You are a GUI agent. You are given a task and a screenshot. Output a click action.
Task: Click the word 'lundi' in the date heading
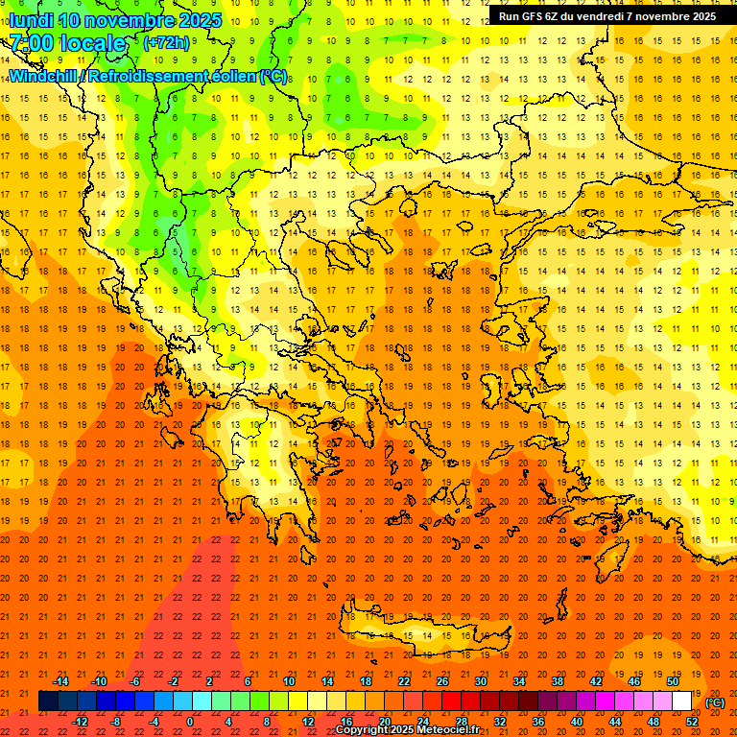click(x=33, y=20)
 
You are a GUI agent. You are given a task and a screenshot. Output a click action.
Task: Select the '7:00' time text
click(x=32, y=43)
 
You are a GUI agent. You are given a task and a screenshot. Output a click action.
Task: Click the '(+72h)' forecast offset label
click(x=166, y=43)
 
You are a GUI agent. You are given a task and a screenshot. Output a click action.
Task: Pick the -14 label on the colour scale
click(x=60, y=681)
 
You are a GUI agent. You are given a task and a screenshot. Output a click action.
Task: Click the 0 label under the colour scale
click(x=190, y=722)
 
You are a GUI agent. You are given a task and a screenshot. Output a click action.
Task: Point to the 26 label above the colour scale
click(x=442, y=681)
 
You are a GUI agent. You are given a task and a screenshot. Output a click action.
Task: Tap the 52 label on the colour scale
click(x=692, y=722)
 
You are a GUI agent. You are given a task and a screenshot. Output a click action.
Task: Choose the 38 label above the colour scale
click(x=558, y=681)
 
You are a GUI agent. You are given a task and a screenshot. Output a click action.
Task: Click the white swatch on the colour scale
click(x=681, y=701)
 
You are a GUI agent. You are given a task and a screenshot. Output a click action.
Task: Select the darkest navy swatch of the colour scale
click(x=48, y=701)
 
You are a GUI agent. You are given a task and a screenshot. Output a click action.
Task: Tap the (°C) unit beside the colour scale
click(x=714, y=702)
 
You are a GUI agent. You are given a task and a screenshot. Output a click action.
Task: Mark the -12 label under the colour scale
click(x=80, y=722)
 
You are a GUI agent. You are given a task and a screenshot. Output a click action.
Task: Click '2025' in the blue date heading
click(x=200, y=20)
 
